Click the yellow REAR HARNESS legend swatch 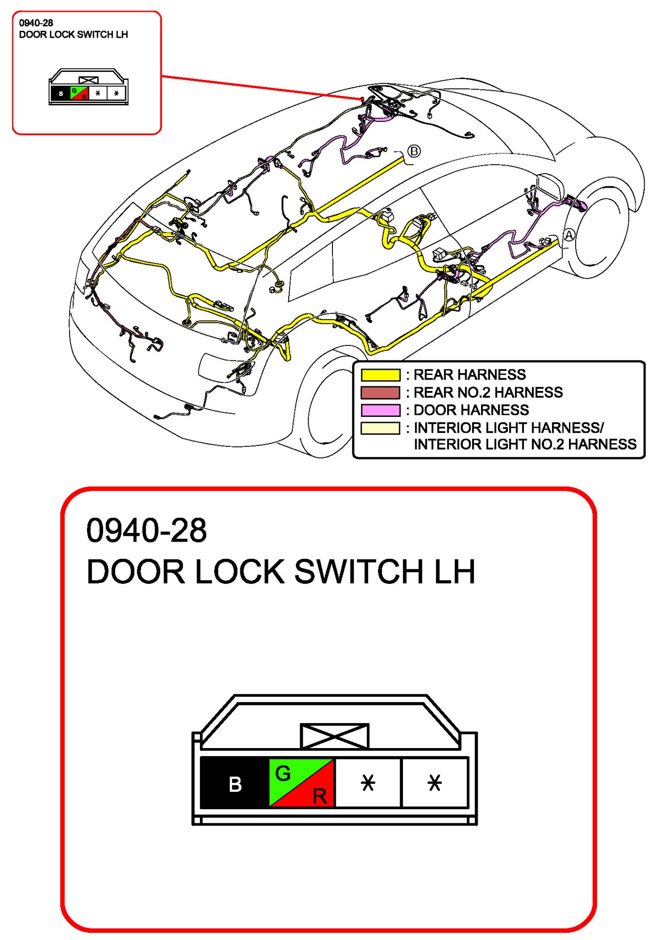point(380,375)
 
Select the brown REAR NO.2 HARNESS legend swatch point(380,392)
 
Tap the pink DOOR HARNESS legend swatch point(380,410)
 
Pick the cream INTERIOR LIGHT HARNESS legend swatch point(380,428)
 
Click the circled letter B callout point(414,151)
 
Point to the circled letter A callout point(569,235)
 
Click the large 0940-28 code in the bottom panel point(146,530)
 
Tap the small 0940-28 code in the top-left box point(36,23)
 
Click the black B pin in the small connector point(61,93)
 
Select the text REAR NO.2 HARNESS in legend point(488,392)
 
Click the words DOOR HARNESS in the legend point(471,410)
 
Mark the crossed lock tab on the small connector point(88,80)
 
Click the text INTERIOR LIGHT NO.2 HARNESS point(525,445)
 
